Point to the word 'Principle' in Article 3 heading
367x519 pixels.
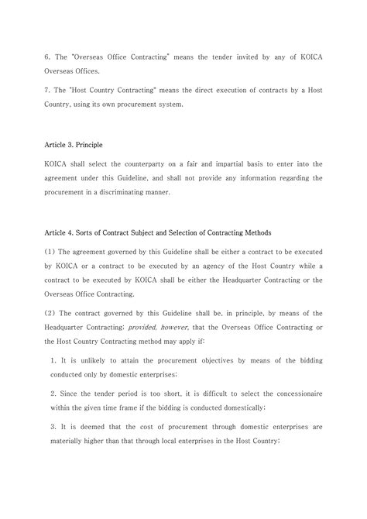pyautogui.click(x=85, y=145)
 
